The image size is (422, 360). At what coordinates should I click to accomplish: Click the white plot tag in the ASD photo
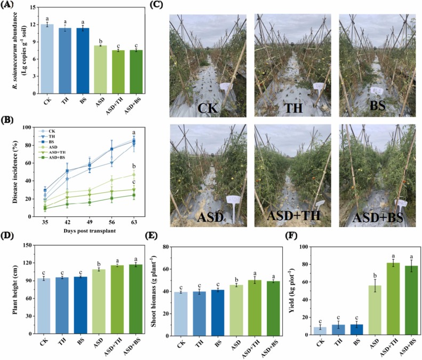[x=234, y=201]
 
